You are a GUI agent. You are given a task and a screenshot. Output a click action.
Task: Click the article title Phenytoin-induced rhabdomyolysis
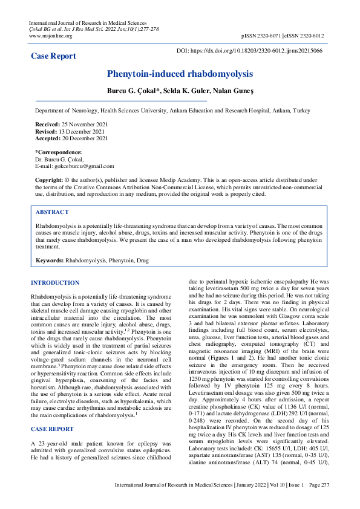pyautogui.click(x=180, y=74)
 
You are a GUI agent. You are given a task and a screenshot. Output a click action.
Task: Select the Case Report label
pyautogui.click(x=54, y=56)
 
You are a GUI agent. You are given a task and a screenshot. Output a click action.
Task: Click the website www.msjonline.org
pyautogui.click(x=51, y=36)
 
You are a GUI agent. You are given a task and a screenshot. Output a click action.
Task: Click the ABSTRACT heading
pyautogui.click(x=52, y=212)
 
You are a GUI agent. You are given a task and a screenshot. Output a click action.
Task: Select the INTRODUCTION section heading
pyautogui.click(x=55, y=283)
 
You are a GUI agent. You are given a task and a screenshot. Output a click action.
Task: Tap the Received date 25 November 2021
pyautogui.click(x=83, y=123)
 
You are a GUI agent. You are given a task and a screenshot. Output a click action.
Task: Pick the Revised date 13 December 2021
pyautogui.click(x=83, y=131)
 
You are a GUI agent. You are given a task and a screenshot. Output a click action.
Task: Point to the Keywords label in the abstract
pyautogui.click(x=50, y=261)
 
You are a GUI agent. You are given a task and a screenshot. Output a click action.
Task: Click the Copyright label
pyautogui.click(x=49, y=180)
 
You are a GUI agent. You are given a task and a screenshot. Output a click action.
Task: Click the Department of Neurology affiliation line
pyautogui.click(x=172, y=112)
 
